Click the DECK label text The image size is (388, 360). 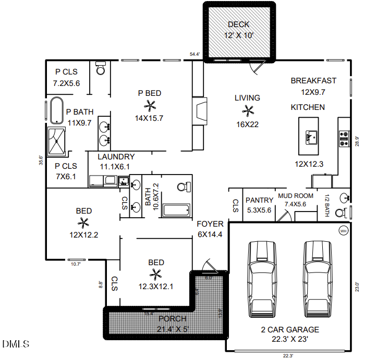pos(239,24)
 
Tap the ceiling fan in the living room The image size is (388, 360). pos(247,110)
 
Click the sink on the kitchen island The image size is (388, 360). pos(310,137)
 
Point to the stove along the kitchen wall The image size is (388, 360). pos(344,138)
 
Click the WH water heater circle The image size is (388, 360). pos(343,231)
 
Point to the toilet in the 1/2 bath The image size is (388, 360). pos(341,213)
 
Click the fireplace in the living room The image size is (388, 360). pos(199,110)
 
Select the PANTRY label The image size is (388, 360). pos(259,200)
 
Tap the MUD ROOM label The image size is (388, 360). pos(296,196)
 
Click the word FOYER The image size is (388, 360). pos(210,224)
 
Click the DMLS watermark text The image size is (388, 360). pos(16,344)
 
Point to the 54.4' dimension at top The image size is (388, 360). pos(195,54)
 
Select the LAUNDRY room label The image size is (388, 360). pos(116,157)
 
